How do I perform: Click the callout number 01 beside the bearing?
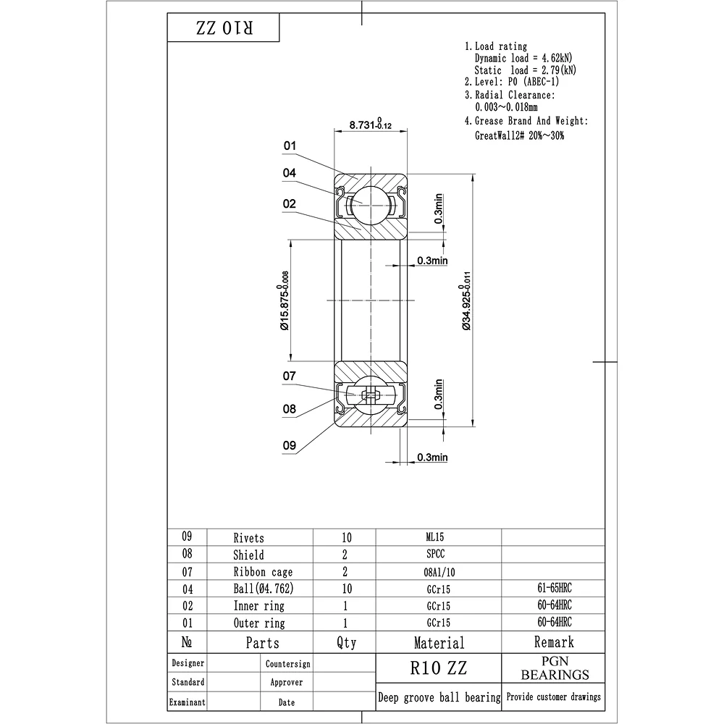(290, 146)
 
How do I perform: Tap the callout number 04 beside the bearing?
(290, 173)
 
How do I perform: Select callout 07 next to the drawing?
(290, 376)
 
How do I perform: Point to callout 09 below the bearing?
(290, 445)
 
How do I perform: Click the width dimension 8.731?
(370, 125)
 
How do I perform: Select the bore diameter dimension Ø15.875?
(284, 300)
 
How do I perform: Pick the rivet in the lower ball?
(370, 395)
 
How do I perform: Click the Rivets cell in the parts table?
(248, 538)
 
